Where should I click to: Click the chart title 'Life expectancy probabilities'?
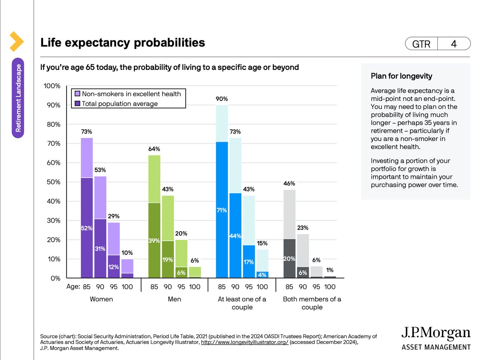122,43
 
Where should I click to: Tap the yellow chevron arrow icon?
16,41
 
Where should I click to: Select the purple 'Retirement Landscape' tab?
18,98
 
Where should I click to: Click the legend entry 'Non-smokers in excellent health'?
131,94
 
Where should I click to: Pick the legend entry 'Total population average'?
119,104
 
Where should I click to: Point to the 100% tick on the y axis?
52,86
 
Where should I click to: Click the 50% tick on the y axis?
53,182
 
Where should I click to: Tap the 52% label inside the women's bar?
86,228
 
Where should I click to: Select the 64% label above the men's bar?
154,149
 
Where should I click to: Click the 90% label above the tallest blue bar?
222,99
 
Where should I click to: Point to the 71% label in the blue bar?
222,210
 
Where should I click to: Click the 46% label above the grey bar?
289,184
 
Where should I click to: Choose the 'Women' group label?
101,299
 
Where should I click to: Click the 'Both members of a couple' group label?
312,303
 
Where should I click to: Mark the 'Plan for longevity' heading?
401,76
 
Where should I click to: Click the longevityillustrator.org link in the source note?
244,342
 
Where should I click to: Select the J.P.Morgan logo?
436,338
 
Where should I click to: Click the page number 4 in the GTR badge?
454,44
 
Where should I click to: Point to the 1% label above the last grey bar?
330,270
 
